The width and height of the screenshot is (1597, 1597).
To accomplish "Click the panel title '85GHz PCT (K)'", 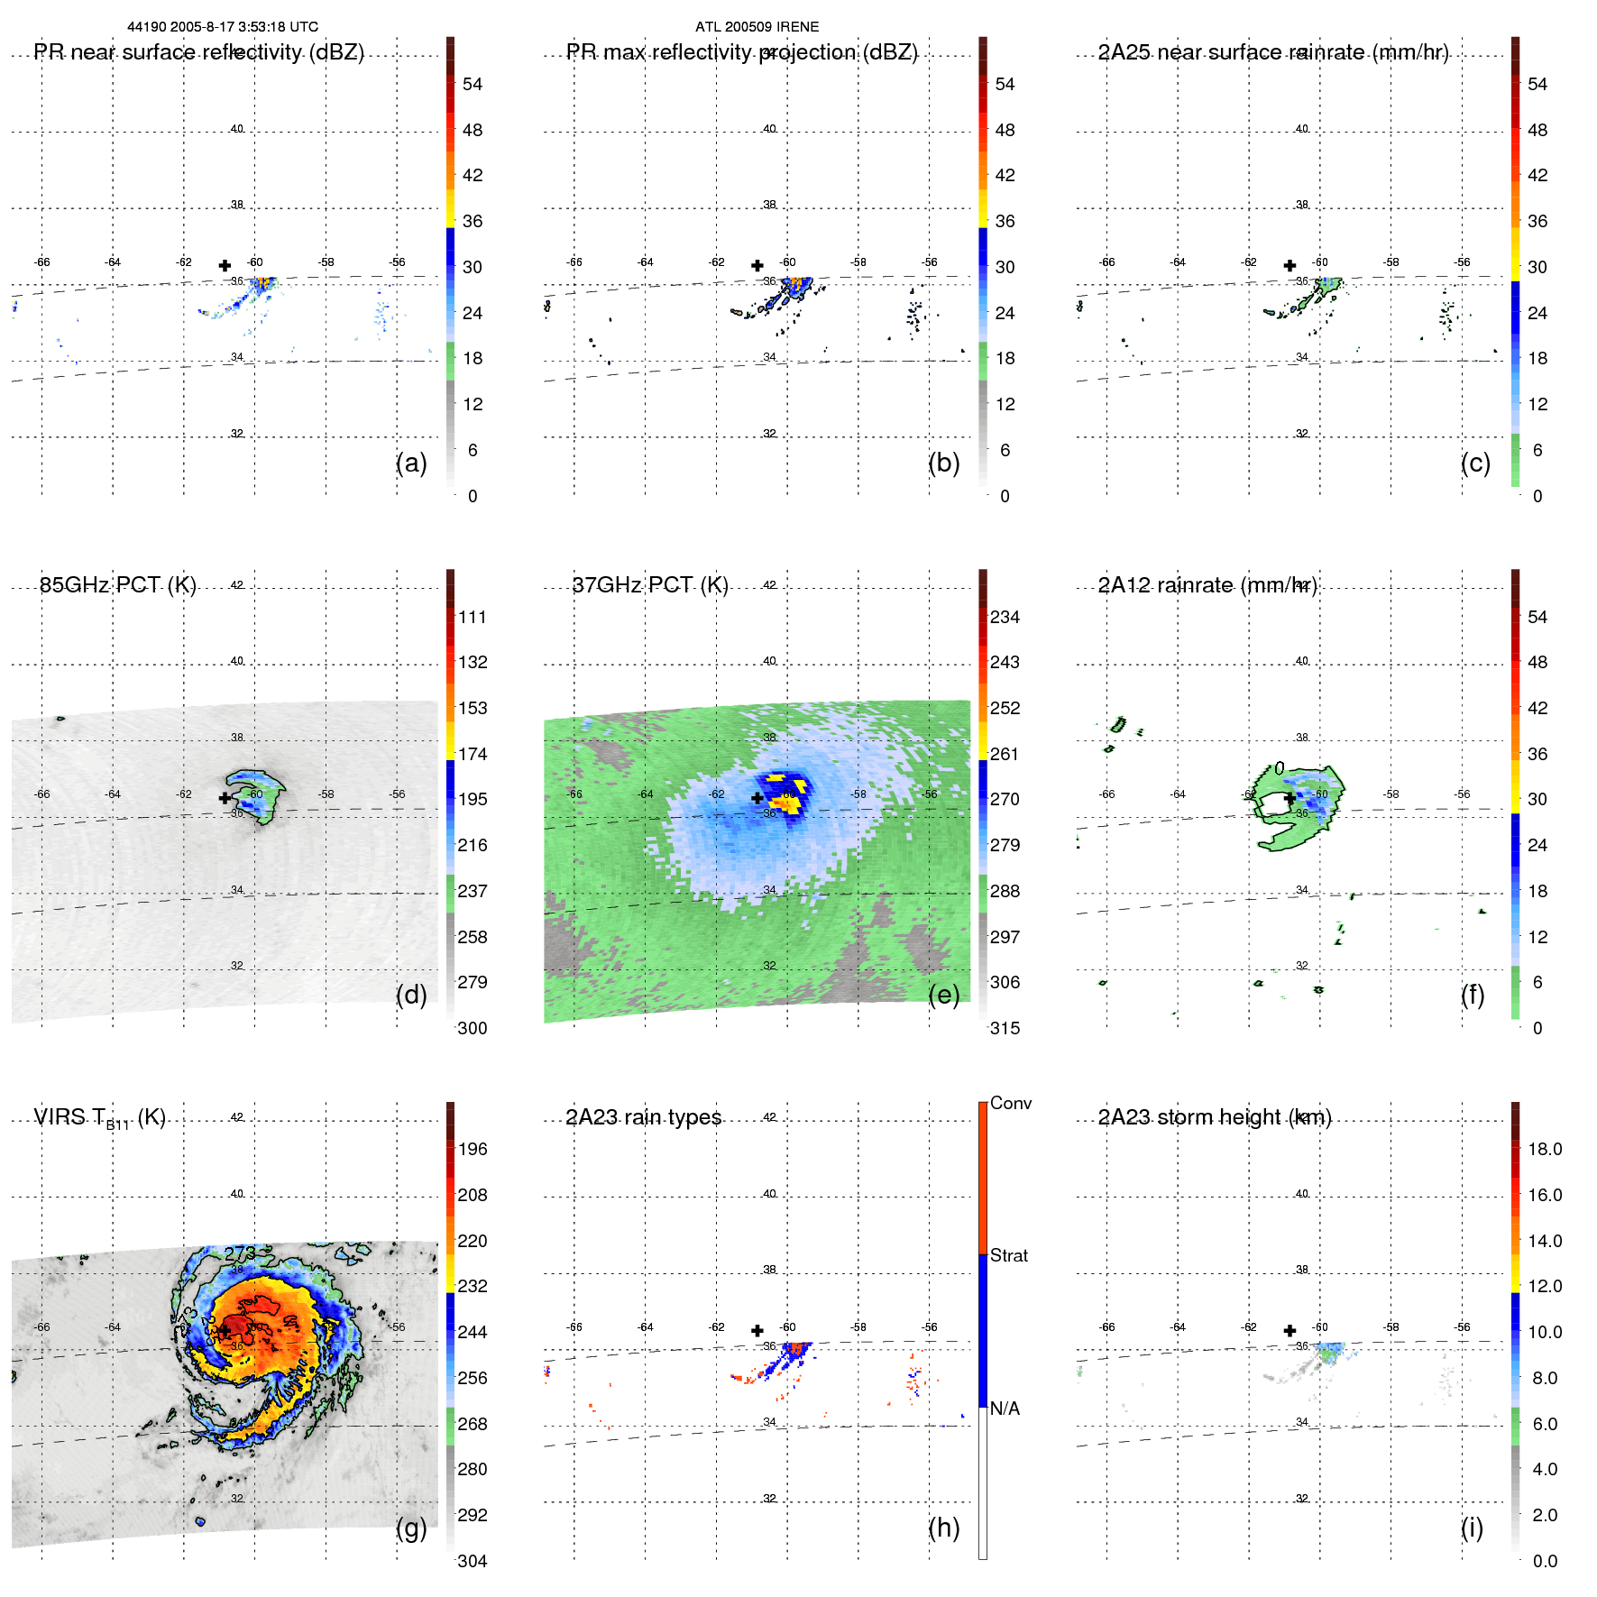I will tap(117, 585).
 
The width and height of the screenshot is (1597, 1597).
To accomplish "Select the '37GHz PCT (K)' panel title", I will tap(650, 585).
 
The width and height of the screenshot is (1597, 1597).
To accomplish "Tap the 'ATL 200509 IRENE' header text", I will tap(757, 27).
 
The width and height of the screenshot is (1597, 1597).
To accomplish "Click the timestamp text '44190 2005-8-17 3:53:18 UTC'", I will tap(223, 27).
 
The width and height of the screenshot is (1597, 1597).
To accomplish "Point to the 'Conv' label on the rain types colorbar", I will tap(1010, 1103).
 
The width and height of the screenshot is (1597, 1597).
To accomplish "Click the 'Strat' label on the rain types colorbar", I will tap(1008, 1255).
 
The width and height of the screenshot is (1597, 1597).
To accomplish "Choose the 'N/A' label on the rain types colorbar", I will tap(1005, 1409).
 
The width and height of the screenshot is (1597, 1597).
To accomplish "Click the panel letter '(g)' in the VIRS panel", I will tap(411, 1528).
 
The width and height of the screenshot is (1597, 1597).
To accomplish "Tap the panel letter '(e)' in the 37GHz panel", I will tap(943, 995).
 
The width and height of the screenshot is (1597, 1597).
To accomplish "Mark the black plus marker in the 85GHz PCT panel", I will tap(225, 798).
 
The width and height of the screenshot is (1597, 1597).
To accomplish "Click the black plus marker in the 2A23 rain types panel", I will tap(757, 1331).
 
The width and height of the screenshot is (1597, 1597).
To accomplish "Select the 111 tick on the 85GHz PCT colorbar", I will tap(472, 617).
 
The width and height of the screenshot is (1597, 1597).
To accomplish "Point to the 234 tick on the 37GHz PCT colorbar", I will tap(1005, 617).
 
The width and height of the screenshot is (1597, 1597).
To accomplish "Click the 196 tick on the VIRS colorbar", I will tap(472, 1149).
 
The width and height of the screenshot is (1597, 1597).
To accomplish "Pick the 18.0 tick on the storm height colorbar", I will tap(1544, 1149).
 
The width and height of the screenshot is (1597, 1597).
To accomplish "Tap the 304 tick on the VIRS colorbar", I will tap(472, 1561).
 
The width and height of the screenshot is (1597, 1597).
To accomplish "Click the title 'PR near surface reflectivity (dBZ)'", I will tap(198, 52).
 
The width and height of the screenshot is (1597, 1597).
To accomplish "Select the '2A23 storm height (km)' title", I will tap(1214, 1117).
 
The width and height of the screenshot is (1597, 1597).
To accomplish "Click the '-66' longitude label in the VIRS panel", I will tap(41, 1327).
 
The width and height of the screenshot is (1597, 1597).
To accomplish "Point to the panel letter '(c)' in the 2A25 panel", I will tap(1475, 463).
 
